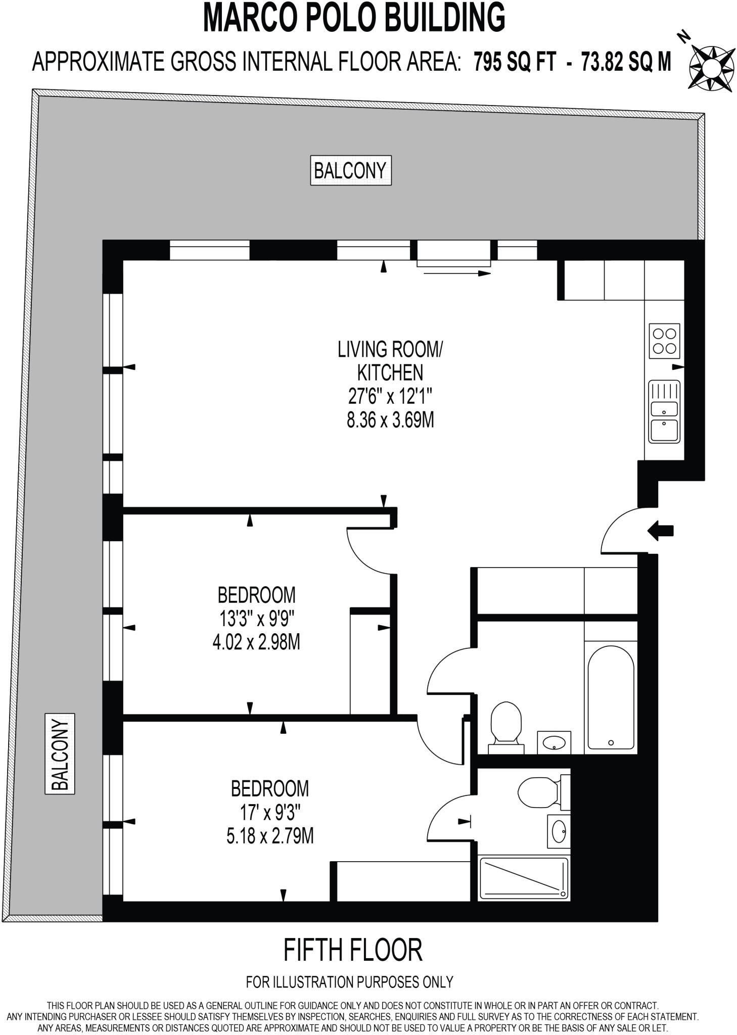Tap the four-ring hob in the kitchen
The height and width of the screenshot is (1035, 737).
pyautogui.click(x=664, y=341)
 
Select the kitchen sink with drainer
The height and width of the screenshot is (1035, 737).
pyautogui.click(x=664, y=411)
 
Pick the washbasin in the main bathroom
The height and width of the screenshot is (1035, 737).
pyautogui.click(x=554, y=742)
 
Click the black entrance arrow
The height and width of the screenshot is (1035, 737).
pyautogui.click(x=660, y=530)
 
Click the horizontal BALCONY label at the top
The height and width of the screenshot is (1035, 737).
pyautogui.click(x=350, y=170)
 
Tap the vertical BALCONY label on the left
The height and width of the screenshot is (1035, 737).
pyautogui.click(x=60, y=753)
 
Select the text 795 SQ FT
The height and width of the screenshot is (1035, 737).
pyautogui.click(x=515, y=63)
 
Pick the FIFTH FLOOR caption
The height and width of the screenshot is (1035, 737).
pyautogui.click(x=352, y=950)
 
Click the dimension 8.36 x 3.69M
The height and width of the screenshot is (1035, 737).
pyautogui.click(x=390, y=420)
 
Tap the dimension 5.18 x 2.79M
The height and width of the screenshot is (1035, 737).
pyautogui.click(x=270, y=836)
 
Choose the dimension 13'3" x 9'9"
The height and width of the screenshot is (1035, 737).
pyautogui.click(x=256, y=619)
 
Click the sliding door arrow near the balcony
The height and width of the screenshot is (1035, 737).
pyautogui.click(x=456, y=273)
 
